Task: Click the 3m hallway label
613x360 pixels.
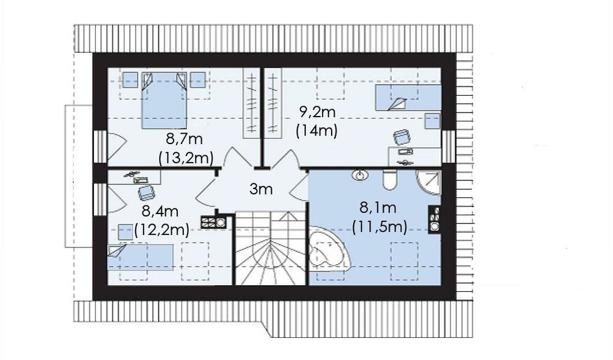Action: [x=261, y=190]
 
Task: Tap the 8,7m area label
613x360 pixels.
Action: [x=184, y=139]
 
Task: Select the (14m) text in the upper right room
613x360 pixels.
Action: [x=317, y=130]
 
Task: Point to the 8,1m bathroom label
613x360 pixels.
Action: [x=378, y=208]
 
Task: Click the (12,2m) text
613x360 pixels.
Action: [x=162, y=229]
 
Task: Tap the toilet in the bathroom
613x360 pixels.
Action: [x=390, y=180]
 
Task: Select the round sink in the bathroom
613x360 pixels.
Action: [x=360, y=175]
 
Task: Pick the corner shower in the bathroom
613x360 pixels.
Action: [x=428, y=182]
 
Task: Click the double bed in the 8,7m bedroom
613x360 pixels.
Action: [x=164, y=100]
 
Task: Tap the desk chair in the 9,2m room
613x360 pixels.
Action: [x=402, y=137]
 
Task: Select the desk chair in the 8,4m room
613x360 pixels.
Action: [x=146, y=192]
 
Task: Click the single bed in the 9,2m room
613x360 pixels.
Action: [x=408, y=98]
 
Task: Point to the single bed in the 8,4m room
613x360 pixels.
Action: [x=140, y=258]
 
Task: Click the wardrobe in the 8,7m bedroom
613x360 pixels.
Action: [x=251, y=103]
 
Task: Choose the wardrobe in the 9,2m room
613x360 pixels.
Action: [x=273, y=103]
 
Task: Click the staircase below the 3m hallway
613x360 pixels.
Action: [x=270, y=248]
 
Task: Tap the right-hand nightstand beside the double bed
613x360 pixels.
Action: [x=198, y=80]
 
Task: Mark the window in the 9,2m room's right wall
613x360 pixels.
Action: [x=449, y=147]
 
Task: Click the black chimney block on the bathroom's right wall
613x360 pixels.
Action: [x=435, y=219]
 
